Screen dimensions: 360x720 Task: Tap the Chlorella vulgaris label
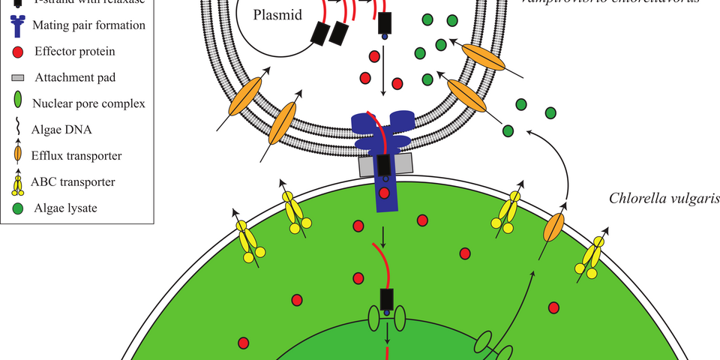pos(664,199)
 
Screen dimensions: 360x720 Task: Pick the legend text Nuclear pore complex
pos(89,103)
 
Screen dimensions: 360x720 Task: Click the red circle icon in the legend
pos(19,51)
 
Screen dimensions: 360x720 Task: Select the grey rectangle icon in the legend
pos(19,77)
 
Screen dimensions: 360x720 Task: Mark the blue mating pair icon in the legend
pos(19,25)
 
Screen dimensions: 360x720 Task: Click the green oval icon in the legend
pos(19,103)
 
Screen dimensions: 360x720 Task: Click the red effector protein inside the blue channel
pos(385,193)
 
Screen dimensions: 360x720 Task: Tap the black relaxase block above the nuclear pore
pos(387,300)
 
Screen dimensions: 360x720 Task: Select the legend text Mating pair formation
pos(89,25)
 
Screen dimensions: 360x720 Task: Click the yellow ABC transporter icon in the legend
pos(19,182)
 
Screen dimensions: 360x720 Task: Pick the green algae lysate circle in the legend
pos(19,207)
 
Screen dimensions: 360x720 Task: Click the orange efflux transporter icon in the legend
pos(19,156)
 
